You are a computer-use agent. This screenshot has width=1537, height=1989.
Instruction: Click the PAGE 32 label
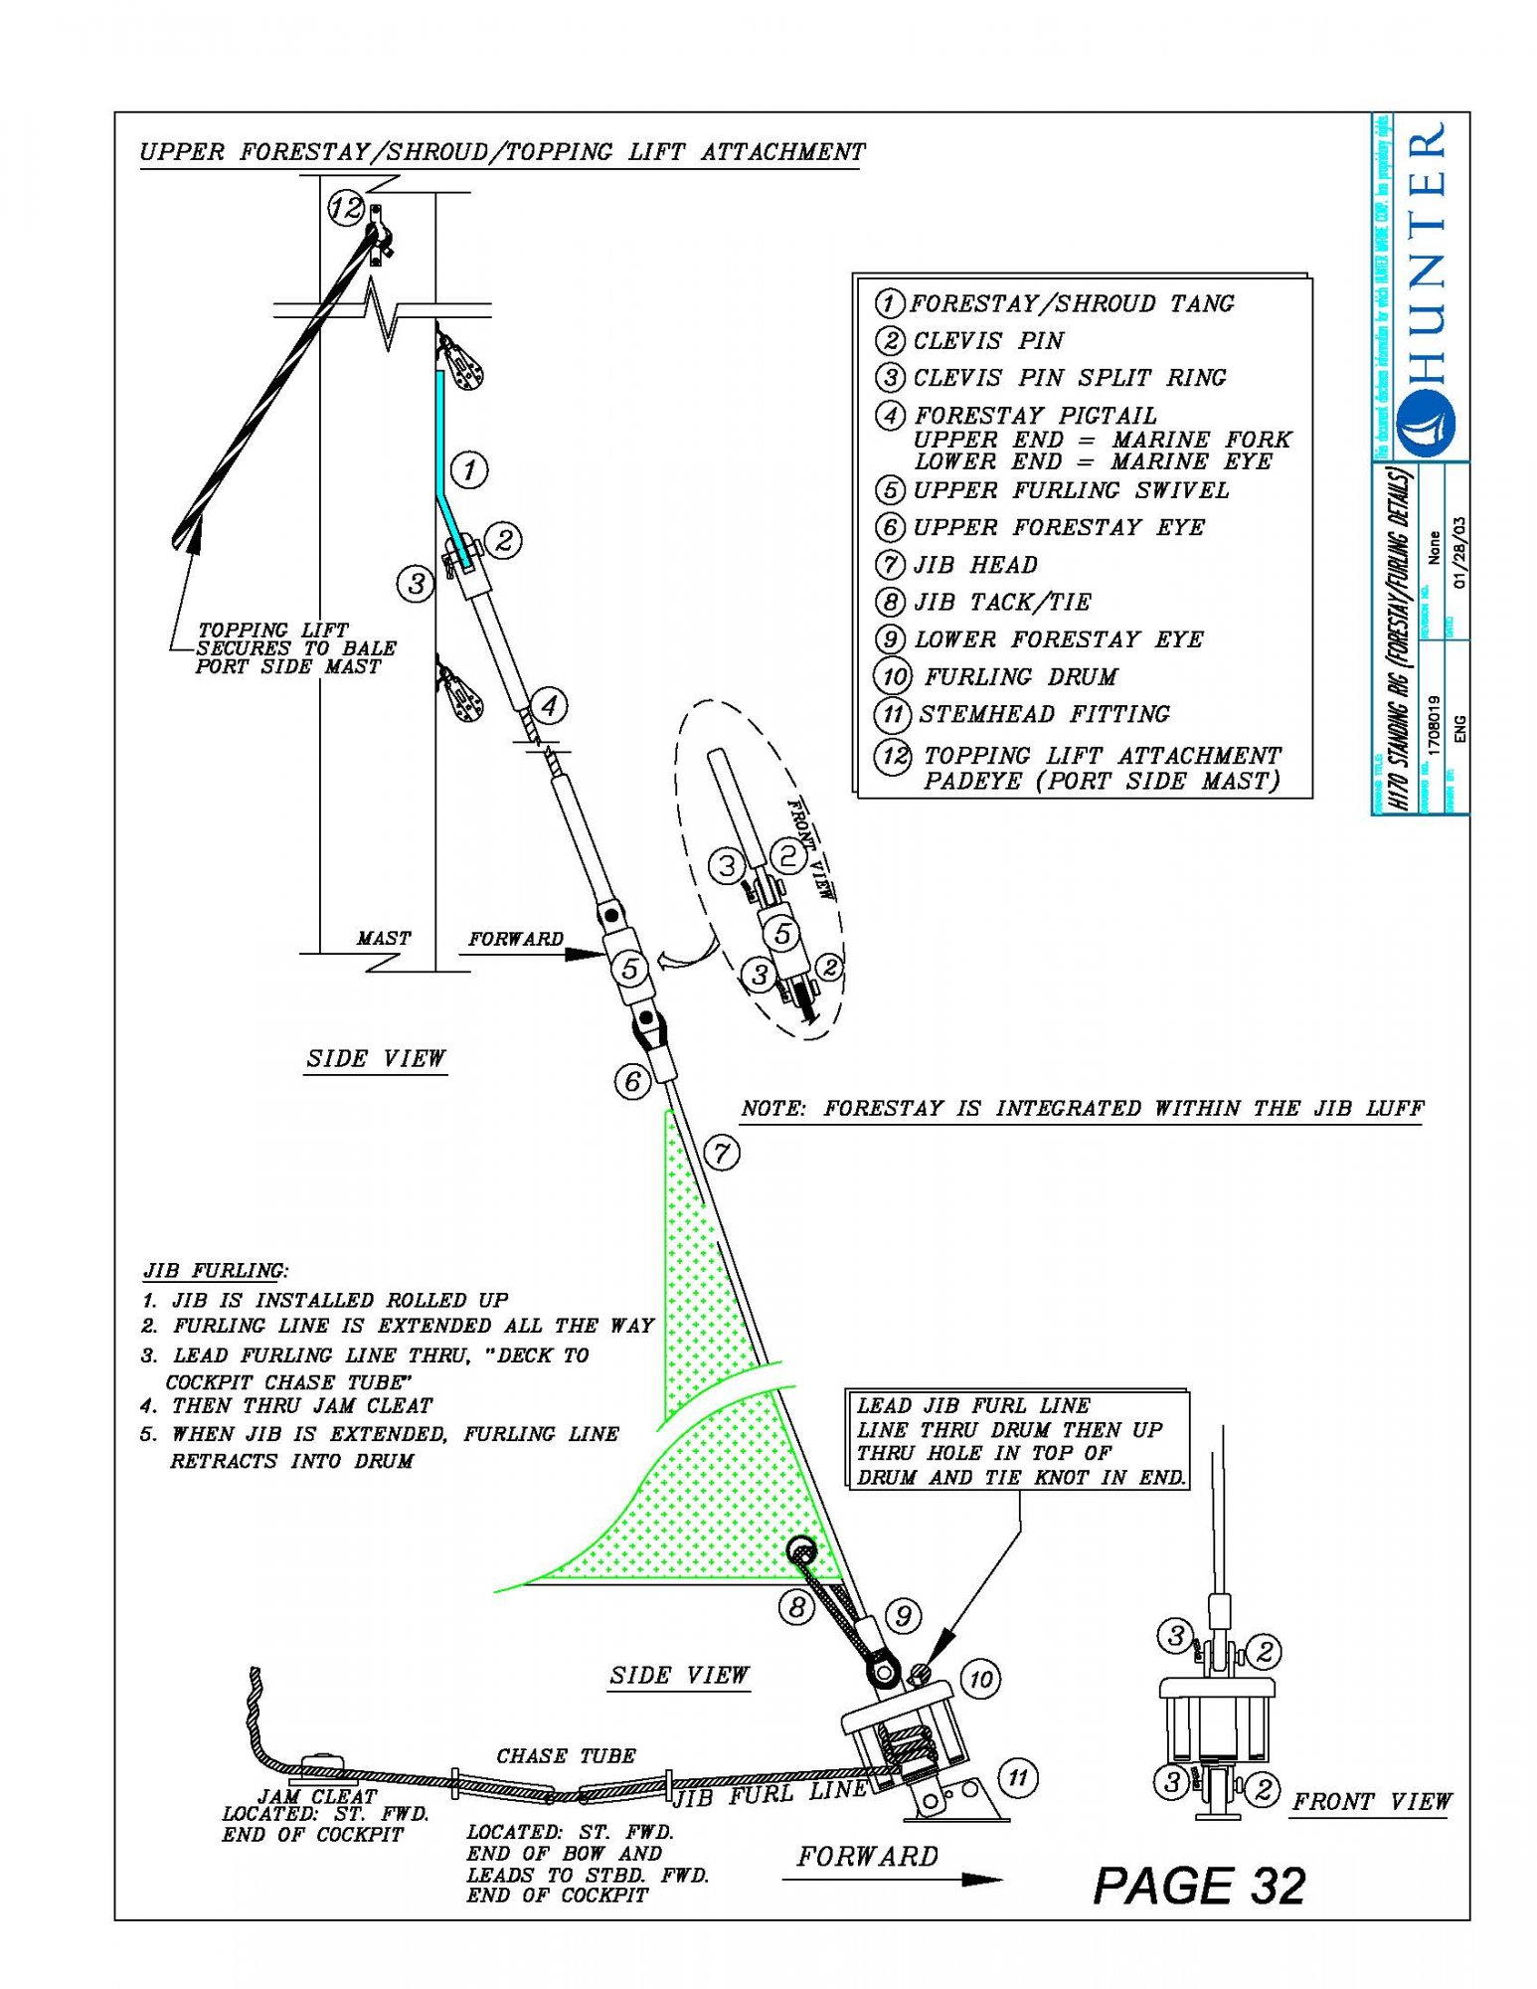click(x=1199, y=1885)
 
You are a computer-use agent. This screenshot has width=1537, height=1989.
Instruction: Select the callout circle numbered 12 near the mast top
click(x=346, y=209)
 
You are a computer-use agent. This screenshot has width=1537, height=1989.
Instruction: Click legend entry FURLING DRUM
click(x=1020, y=677)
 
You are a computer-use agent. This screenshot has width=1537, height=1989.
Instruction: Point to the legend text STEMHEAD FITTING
click(x=1044, y=714)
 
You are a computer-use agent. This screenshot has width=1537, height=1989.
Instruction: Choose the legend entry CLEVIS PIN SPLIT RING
click(x=1070, y=378)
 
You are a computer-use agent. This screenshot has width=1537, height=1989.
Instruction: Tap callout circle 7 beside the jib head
click(x=722, y=1153)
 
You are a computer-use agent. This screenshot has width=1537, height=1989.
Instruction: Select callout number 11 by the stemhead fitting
click(x=1017, y=1777)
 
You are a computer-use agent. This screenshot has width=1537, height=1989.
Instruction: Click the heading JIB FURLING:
click(x=216, y=1271)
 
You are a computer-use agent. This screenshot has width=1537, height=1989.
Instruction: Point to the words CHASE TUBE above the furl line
click(x=566, y=1756)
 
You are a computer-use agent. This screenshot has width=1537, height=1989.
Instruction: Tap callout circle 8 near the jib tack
click(x=795, y=1607)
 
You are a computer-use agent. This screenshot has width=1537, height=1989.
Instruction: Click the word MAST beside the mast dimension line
click(x=384, y=938)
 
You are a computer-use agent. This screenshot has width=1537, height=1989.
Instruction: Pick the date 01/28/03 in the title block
click(x=1458, y=552)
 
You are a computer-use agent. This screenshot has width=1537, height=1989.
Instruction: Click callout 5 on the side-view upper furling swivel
click(x=629, y=969)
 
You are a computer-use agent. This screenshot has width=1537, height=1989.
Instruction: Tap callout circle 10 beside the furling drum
click(x=980, y=1680)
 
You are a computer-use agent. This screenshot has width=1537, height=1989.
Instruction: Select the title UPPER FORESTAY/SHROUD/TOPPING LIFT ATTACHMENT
click(x=502, y=152)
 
